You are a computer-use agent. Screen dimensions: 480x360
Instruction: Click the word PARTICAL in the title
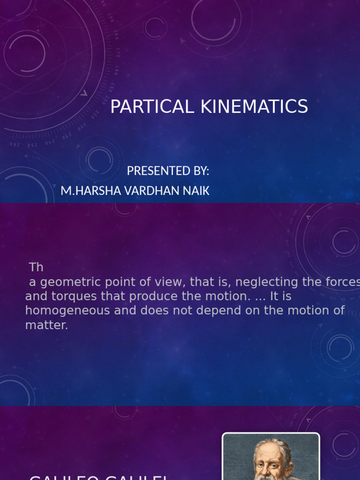click(152, 107)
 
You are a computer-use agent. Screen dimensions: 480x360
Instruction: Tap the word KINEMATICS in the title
click(254, 107)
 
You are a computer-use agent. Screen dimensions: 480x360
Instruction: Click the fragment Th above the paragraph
click(36, 268)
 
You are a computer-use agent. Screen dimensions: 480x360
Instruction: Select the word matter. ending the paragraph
click(46, 325)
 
